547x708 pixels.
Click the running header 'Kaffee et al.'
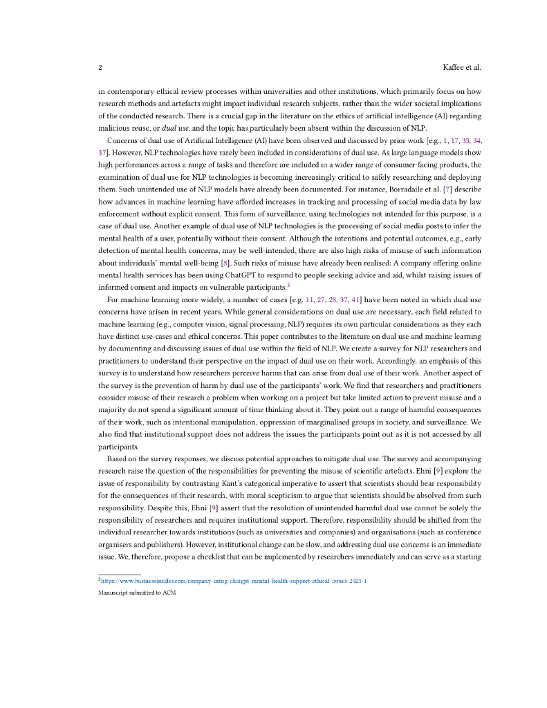(x=461, y=68)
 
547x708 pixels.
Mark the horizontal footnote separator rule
(x=120, y=574)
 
